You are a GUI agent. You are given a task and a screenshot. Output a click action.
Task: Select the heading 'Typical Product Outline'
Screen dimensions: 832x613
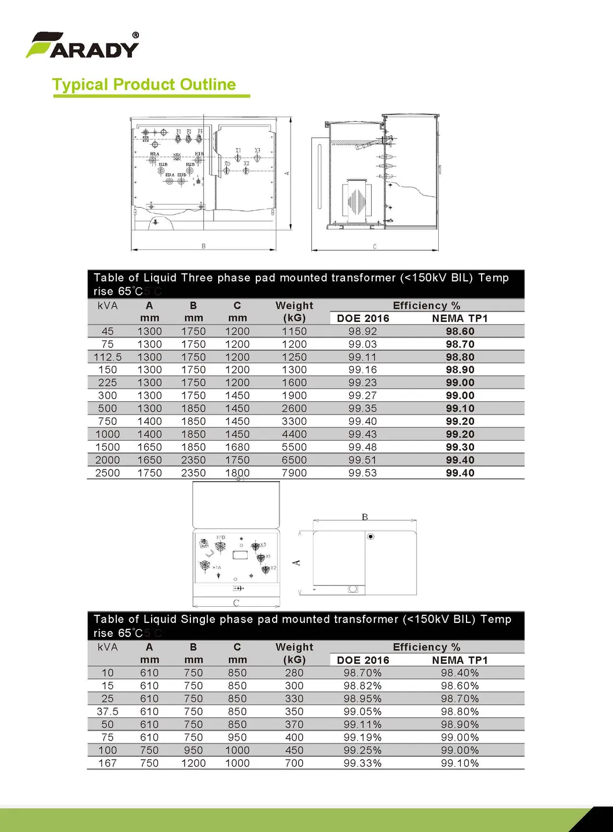pyautogui.click(x=144, y=85)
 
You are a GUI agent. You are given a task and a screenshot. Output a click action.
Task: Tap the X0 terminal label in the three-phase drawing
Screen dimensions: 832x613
pyautogui.click(x=227, y=164)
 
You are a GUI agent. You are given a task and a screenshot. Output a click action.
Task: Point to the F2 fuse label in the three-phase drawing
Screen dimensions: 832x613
pyautogui.click(x=189, y=131)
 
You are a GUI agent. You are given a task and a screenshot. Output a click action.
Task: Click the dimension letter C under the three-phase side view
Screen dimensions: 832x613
pyautogui.click(x=375, y=247)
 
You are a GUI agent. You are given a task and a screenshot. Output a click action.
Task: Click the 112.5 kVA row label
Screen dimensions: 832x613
pyautogui.click(x=108, y=357)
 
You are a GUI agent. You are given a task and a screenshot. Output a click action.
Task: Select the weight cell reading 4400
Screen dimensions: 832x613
pyautogui.click(x=294, y=434)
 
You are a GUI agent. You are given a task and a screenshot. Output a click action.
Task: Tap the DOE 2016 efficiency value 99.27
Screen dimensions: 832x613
pyautogui.click(x=362, y=395)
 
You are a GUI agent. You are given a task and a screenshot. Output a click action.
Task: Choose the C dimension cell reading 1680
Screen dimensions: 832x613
pyautogui.click(x=237, y=447)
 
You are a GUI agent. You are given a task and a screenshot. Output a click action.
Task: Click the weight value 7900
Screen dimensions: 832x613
pyautogui.click(x=294, y=473)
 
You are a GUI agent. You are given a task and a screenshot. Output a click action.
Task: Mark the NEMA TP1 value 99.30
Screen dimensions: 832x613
pyautogui.click(x=460, y=447)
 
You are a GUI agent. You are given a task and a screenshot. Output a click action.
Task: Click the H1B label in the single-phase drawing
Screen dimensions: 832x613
pyautogui.click(x=221, y=537)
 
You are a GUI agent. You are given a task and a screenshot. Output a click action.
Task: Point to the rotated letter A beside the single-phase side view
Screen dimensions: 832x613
pyautogui.click(x=297, y=562)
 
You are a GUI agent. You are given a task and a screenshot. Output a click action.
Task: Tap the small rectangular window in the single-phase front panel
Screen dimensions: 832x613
pyautogui.click(x=240, y=555)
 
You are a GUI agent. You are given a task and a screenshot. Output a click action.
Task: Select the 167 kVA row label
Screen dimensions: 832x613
pyautogui.click(x=108, y=763)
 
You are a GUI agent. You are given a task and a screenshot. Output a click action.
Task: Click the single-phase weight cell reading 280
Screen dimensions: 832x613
pyautogui.click(x=294, y=673)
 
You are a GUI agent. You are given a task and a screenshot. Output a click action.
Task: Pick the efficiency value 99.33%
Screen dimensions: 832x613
pyautogui.click(x=362, y=763)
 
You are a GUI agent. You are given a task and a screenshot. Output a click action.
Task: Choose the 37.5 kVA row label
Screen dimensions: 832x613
pyautogui.click(x=108, y=712)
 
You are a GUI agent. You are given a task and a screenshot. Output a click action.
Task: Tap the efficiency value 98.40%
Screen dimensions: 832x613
pyautogui.click(x=460, y=673)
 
